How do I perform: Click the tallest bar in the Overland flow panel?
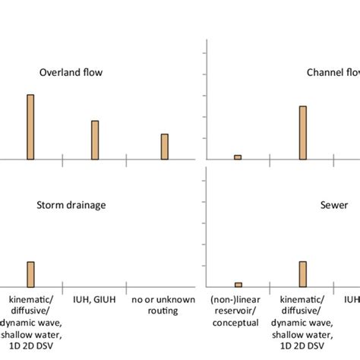pos(30,127)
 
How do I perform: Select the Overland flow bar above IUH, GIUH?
pos(95,140)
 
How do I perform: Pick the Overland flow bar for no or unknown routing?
pos(164,147)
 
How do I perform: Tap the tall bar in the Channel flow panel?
pos(302,133)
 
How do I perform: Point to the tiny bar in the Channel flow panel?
pos(238,157)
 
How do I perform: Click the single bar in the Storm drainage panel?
pos(30,273)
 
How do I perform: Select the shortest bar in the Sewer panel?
pos(238,284)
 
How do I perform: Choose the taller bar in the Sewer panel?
pos(302,273)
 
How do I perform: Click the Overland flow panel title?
pos(71,73)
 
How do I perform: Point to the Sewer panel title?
pos(334,204)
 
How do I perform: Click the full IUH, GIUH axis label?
pos(95,300)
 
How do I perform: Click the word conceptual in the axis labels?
pos(238,322)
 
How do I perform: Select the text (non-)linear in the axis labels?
pos(238,300)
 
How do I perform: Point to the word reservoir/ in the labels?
pos(238,311)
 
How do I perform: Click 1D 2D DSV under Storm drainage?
pos(30,344)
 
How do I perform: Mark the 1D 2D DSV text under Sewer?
pos(302,344)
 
